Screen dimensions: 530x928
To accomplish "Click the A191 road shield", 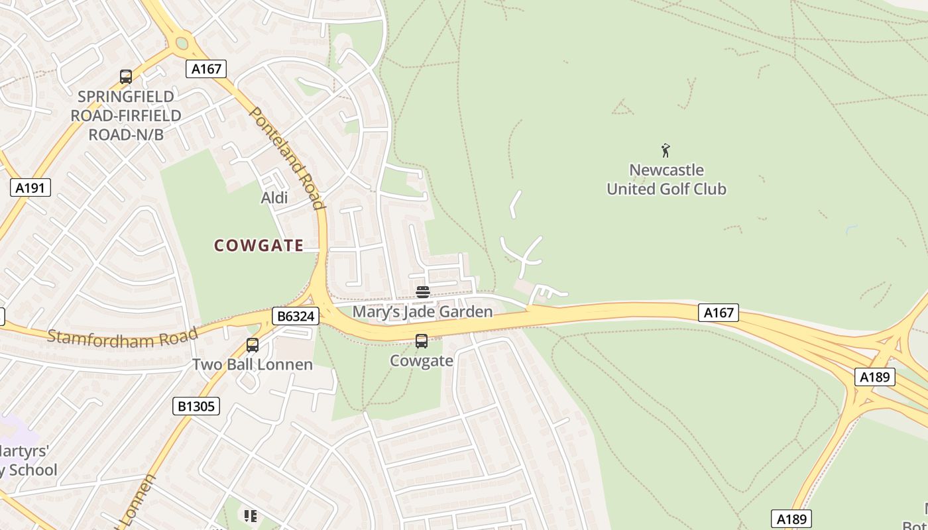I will click(30, 187).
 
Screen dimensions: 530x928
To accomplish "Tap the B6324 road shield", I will click(295, 316).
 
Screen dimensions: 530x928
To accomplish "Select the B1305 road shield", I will click(196, 405).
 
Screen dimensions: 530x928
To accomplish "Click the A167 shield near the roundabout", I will click(206, 68).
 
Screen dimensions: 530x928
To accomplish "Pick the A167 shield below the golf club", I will click(718, 312).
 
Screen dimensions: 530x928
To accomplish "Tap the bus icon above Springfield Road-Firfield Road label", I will click(126, 77).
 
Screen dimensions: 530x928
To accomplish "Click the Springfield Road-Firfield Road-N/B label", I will click(126, 115).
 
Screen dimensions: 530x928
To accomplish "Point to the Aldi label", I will click(274, 197).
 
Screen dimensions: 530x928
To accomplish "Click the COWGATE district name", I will click(259, 246).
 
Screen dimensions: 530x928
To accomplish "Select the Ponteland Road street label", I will click(288, 158).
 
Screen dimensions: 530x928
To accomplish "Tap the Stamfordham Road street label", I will click(123, 337).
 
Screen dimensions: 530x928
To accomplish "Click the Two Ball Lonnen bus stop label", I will click(253, 364).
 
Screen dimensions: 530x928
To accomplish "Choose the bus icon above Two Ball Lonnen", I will click(253, 344).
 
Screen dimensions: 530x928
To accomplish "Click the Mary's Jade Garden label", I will click(422, 311).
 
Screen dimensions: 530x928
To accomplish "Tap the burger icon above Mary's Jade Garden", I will click(422, 292).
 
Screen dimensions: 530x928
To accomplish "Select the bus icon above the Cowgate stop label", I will click(422, 341).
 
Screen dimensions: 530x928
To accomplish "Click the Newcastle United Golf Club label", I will click(666, 180).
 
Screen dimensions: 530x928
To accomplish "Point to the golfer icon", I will click(666, 150).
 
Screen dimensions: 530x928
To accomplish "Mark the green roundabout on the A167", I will click(182, 44).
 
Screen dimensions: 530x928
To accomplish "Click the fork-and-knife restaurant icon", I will click(250, 515).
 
